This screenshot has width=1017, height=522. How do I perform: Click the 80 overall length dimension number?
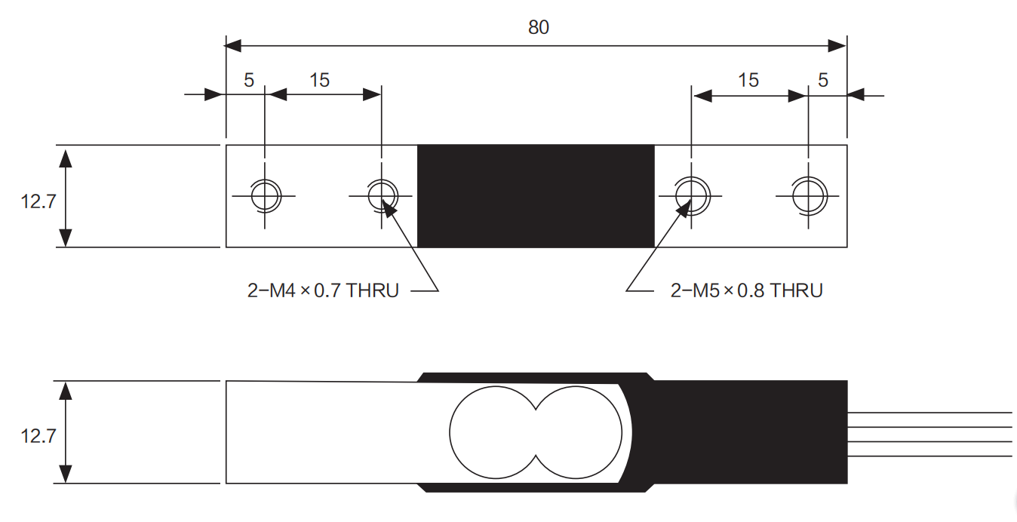(539, 27)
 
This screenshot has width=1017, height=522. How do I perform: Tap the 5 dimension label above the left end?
(249, 79)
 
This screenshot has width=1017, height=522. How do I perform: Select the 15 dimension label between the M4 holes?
(319, 79)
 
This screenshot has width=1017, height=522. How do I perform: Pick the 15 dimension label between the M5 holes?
(748, 79)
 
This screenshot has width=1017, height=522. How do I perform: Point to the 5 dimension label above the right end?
(823, 79)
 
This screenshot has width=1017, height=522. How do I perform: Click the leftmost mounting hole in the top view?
(265, 195)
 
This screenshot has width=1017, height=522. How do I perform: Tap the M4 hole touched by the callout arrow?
(382, 195)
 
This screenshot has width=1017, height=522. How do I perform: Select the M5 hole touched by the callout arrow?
(690, 195)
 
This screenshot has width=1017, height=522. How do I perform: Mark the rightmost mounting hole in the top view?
(807, 195)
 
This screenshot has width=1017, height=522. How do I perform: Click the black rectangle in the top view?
(536, 195)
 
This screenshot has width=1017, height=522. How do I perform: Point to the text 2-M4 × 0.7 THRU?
(323, 290)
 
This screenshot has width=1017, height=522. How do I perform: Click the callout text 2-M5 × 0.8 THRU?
(746, 290)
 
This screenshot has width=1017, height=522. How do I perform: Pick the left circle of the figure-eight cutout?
(493, 432)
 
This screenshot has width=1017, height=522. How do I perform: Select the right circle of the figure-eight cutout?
(580, 432)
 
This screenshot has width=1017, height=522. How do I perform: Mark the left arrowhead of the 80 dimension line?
(233, 46)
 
